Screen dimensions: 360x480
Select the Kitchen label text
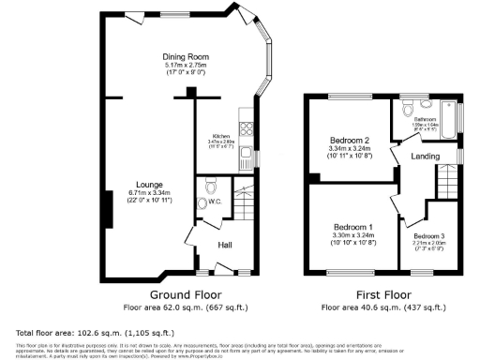[221, 135]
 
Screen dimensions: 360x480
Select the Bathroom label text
[427, 120]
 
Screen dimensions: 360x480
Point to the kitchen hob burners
[247, 126]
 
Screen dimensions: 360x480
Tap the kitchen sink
[246, 153]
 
